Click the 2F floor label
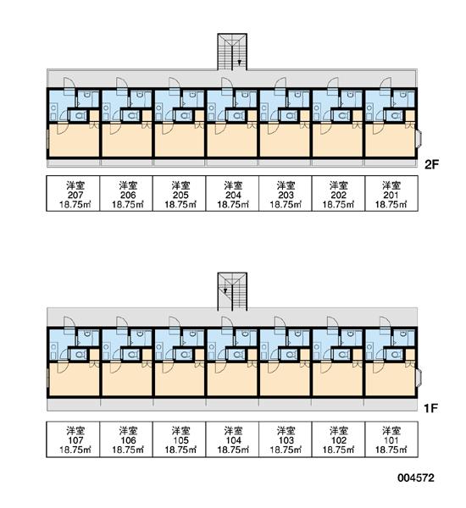[x=431, y=164]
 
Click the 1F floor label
[x=431, y=409]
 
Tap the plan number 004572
[x=416, y=478]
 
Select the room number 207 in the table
[x=75, y=195]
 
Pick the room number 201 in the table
[x=391, y=195]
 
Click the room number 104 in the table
[x=234, y=440]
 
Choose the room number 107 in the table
[x=75, y=440]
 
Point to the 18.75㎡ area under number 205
[x=180, y=204]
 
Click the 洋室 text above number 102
[x=339, y=431]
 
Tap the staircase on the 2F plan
[x=232, y=52]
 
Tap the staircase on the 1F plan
[x=232, y=291]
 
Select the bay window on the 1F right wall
[x=419, y=377]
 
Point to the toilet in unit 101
[x=396, y=355]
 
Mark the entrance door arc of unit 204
[x=227, y=83]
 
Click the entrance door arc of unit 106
[x=122, y=322]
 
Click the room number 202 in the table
[x=339, y=195]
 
